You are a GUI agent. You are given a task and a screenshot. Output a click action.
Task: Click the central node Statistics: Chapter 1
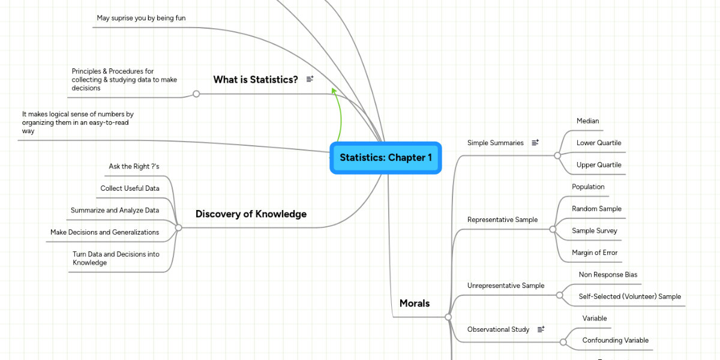[386, 158]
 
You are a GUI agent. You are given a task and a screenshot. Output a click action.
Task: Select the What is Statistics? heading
[256, 79]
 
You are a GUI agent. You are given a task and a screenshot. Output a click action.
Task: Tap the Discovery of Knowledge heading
[251, 214]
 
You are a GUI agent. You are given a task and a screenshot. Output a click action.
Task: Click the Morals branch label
[415, 303]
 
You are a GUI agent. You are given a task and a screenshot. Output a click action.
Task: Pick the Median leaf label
[587, 121]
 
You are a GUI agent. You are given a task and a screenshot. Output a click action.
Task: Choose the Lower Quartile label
[599, 143]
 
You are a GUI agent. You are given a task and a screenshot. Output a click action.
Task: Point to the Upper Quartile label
[599, 164]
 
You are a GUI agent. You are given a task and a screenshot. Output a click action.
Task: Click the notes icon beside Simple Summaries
[535, 142]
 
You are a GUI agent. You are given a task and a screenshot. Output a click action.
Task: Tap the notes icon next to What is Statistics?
[310, 79]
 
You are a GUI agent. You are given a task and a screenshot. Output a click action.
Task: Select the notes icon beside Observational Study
[541, 329]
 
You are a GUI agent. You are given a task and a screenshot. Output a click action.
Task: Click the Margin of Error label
[595, 253]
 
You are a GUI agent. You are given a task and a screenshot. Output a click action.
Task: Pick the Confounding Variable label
[615, 340]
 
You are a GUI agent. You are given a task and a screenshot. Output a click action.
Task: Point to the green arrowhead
[334, 91]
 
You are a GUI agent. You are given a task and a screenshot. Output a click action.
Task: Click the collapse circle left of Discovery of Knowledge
[178, 227]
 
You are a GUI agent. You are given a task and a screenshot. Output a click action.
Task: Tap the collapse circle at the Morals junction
[448, 317]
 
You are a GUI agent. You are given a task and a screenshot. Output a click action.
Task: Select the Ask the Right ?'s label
[134, 166]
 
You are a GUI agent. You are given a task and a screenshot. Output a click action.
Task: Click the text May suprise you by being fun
[141, 18]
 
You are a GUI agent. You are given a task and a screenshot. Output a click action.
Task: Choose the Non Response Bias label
[608, 275]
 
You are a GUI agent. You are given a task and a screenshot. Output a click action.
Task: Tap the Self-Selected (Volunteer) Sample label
[629, 296]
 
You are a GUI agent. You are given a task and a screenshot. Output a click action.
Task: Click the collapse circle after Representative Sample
[553, 229]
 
